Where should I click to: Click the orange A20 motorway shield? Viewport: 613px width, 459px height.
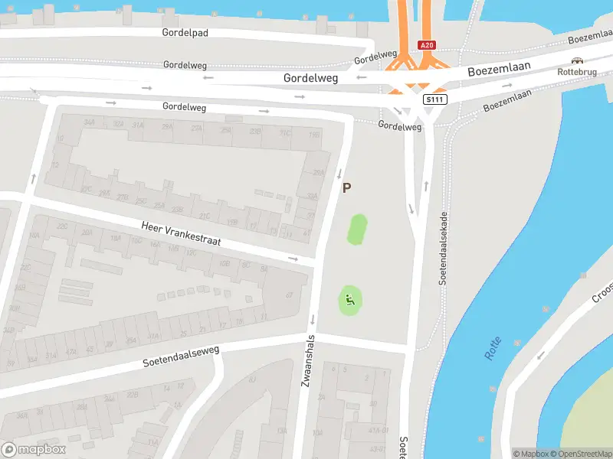click(x=427, y=46)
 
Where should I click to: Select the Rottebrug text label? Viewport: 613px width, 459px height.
click(x=576, y=72)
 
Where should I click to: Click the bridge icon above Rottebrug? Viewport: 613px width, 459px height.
click(x=577, y=60)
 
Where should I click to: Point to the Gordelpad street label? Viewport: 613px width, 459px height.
click(x=185, y=33)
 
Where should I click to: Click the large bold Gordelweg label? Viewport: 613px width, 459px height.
click(x=311, y=78)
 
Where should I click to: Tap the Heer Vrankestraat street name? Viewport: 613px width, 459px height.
click(x=181, y=233)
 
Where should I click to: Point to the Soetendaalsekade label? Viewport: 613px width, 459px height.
click(x=444, y=248)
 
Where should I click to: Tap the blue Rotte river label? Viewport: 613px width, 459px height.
click(x=492, y=349)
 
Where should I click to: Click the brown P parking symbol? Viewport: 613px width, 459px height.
click(x=346, y=187)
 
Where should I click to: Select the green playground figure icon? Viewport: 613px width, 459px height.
click(x=349, y=301)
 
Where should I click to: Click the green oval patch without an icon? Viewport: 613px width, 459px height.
click(x=357, y=229)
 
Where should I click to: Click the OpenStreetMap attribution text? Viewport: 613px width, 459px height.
click(x=580, y=454)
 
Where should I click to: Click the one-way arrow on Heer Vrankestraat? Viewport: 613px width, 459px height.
click(x=293, y=259)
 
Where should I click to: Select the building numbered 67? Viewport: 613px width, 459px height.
click(x=289, y=295)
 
